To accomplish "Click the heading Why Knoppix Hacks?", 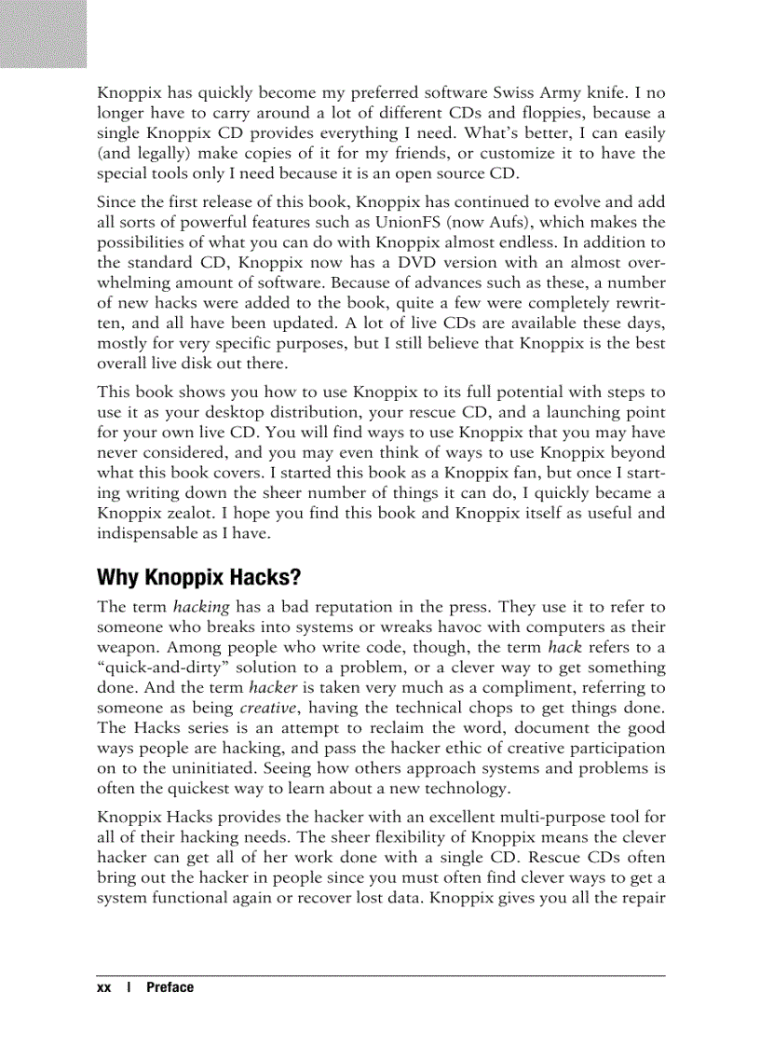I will (x=198, y=578).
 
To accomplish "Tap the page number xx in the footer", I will (x=103, y=987).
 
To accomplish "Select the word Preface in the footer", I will (x=170, y=987).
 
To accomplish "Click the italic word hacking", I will (x=196, y=606).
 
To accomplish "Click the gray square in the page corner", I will (x=43, y=34).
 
